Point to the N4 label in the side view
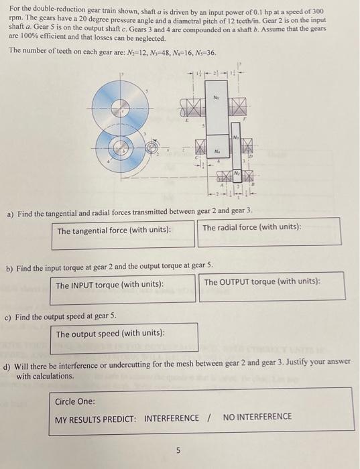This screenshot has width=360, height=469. (217, 151)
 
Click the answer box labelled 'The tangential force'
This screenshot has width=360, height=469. (124, 231)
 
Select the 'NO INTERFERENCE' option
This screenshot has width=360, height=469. (257, 417)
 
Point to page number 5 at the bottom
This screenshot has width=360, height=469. (178, 451)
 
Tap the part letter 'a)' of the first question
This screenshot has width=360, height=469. (11, 214)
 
